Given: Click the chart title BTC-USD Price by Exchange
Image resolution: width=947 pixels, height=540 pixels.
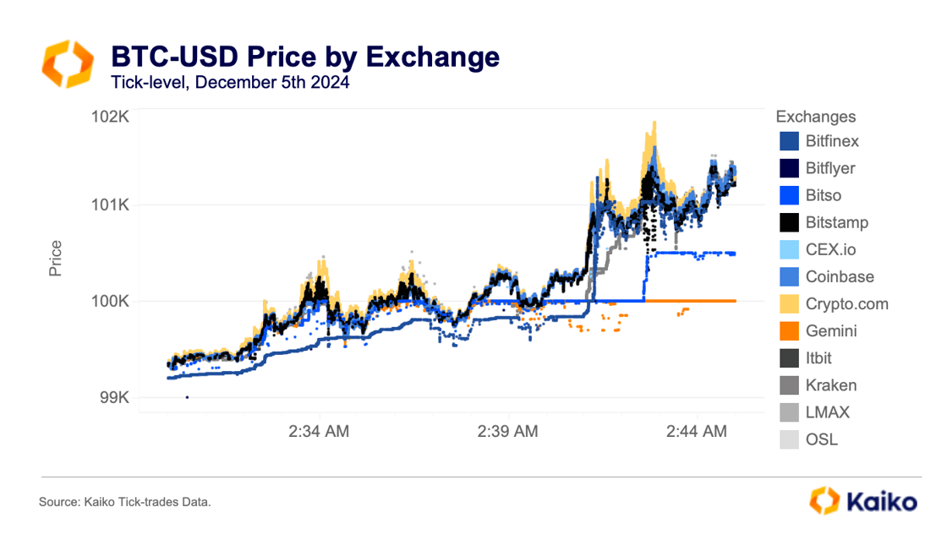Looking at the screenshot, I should click(305, 57).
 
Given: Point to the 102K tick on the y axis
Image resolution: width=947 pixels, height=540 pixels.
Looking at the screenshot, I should click(109, 117).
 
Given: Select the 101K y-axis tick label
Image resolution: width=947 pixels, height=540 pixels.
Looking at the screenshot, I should click(109, 205).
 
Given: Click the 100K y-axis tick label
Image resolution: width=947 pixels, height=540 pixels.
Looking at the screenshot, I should click(109, 301).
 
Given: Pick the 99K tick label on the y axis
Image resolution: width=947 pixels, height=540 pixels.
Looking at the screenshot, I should click(113, 397).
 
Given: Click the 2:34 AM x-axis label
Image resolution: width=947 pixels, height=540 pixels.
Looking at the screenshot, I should click(319, 432).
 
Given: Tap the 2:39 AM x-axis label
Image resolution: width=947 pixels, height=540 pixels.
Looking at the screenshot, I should click(507, 432).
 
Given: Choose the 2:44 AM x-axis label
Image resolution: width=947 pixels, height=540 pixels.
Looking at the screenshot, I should click(696, 432).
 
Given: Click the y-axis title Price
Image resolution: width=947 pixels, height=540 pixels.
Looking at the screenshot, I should click(56, 258).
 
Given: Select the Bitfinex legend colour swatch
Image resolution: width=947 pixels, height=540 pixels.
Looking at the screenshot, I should click(789, 141).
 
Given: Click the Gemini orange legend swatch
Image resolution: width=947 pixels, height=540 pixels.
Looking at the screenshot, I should click(789, 331).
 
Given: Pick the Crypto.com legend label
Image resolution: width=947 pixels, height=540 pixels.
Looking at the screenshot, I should click(846, 304).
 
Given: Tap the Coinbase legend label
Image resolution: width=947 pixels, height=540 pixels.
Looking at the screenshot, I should click(840, 277).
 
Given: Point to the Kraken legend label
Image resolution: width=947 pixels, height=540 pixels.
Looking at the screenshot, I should click(831, 385).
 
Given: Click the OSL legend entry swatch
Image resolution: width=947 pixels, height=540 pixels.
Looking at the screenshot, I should click(789, 439).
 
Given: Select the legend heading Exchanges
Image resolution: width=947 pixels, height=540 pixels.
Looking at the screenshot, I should click(816, 117).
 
